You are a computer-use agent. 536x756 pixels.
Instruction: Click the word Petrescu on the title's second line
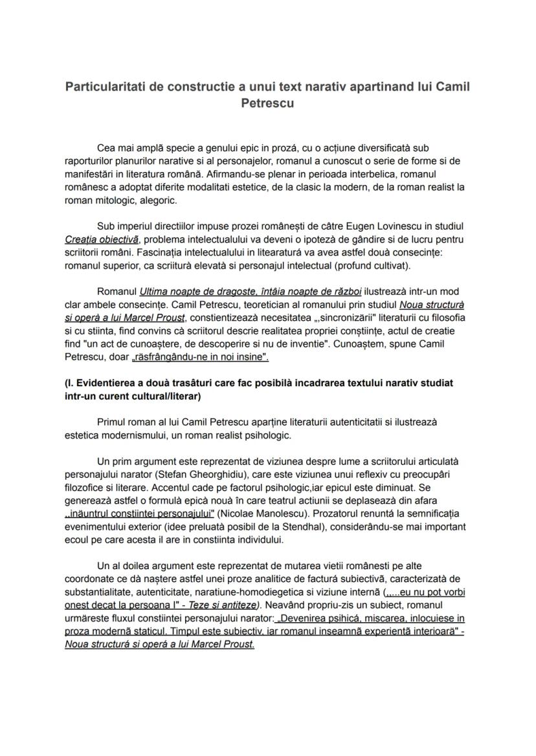[x=267, y=103]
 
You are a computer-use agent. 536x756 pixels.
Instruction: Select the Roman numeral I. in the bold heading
[x=71, y=383]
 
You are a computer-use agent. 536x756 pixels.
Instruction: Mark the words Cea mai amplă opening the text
[x=127, y=147]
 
